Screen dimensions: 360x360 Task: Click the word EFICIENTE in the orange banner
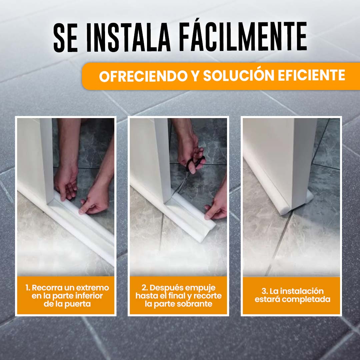(x=311, y=75)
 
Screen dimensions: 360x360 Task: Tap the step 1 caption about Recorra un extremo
(x=67, y=296)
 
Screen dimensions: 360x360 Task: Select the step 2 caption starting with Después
(x=179, y=296)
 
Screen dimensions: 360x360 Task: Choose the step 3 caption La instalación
(x=292, y=295)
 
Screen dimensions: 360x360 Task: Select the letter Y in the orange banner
(x=195, y=76)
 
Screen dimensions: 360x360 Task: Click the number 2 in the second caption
(x=144, y=288)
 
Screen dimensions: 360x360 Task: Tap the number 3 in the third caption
(x=264, y=291)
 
